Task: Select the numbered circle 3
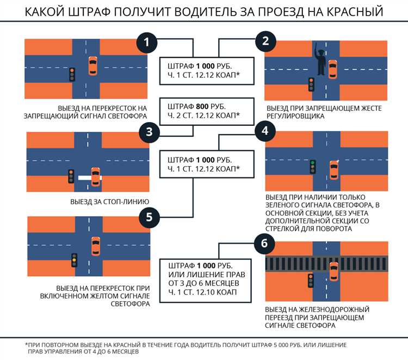point(147,131)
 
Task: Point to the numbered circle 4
point(264,131)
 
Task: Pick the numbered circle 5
point(148,217)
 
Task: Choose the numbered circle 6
point(264,243)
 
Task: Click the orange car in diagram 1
point(93,66)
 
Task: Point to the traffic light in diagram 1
point(71,74)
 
